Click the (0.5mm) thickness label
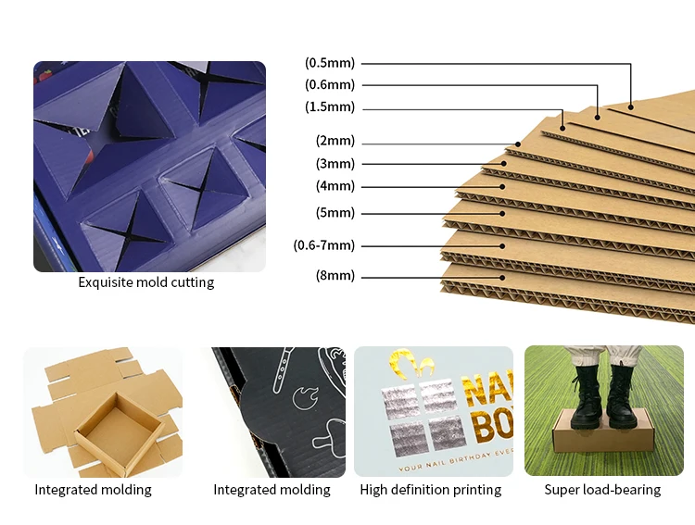[x=330, y=63]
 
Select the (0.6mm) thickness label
[x=330, y=85]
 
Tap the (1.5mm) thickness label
[x=330, y=107]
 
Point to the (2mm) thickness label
[x=335, y=142]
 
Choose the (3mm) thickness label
[x=335, y=164]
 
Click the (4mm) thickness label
[x=335, y=186]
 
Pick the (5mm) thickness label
[x=335, y=213]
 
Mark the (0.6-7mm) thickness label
[x=324, y=245]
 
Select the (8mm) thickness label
[x=335, y=276]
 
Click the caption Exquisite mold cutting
[x=145, y=282]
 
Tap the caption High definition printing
[x=430, y=490]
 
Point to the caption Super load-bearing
[x=602, y=490]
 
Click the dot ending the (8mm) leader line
[x=503, y=276]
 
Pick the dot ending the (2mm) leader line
[x=519, y=144]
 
